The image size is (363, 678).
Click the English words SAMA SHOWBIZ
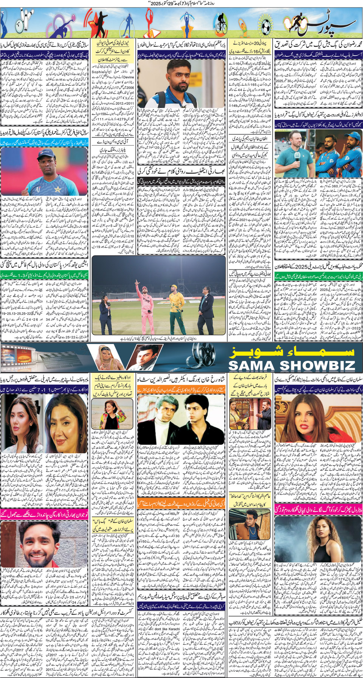[x=292, y=365]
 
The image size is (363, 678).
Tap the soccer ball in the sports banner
[x=266, y=26]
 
